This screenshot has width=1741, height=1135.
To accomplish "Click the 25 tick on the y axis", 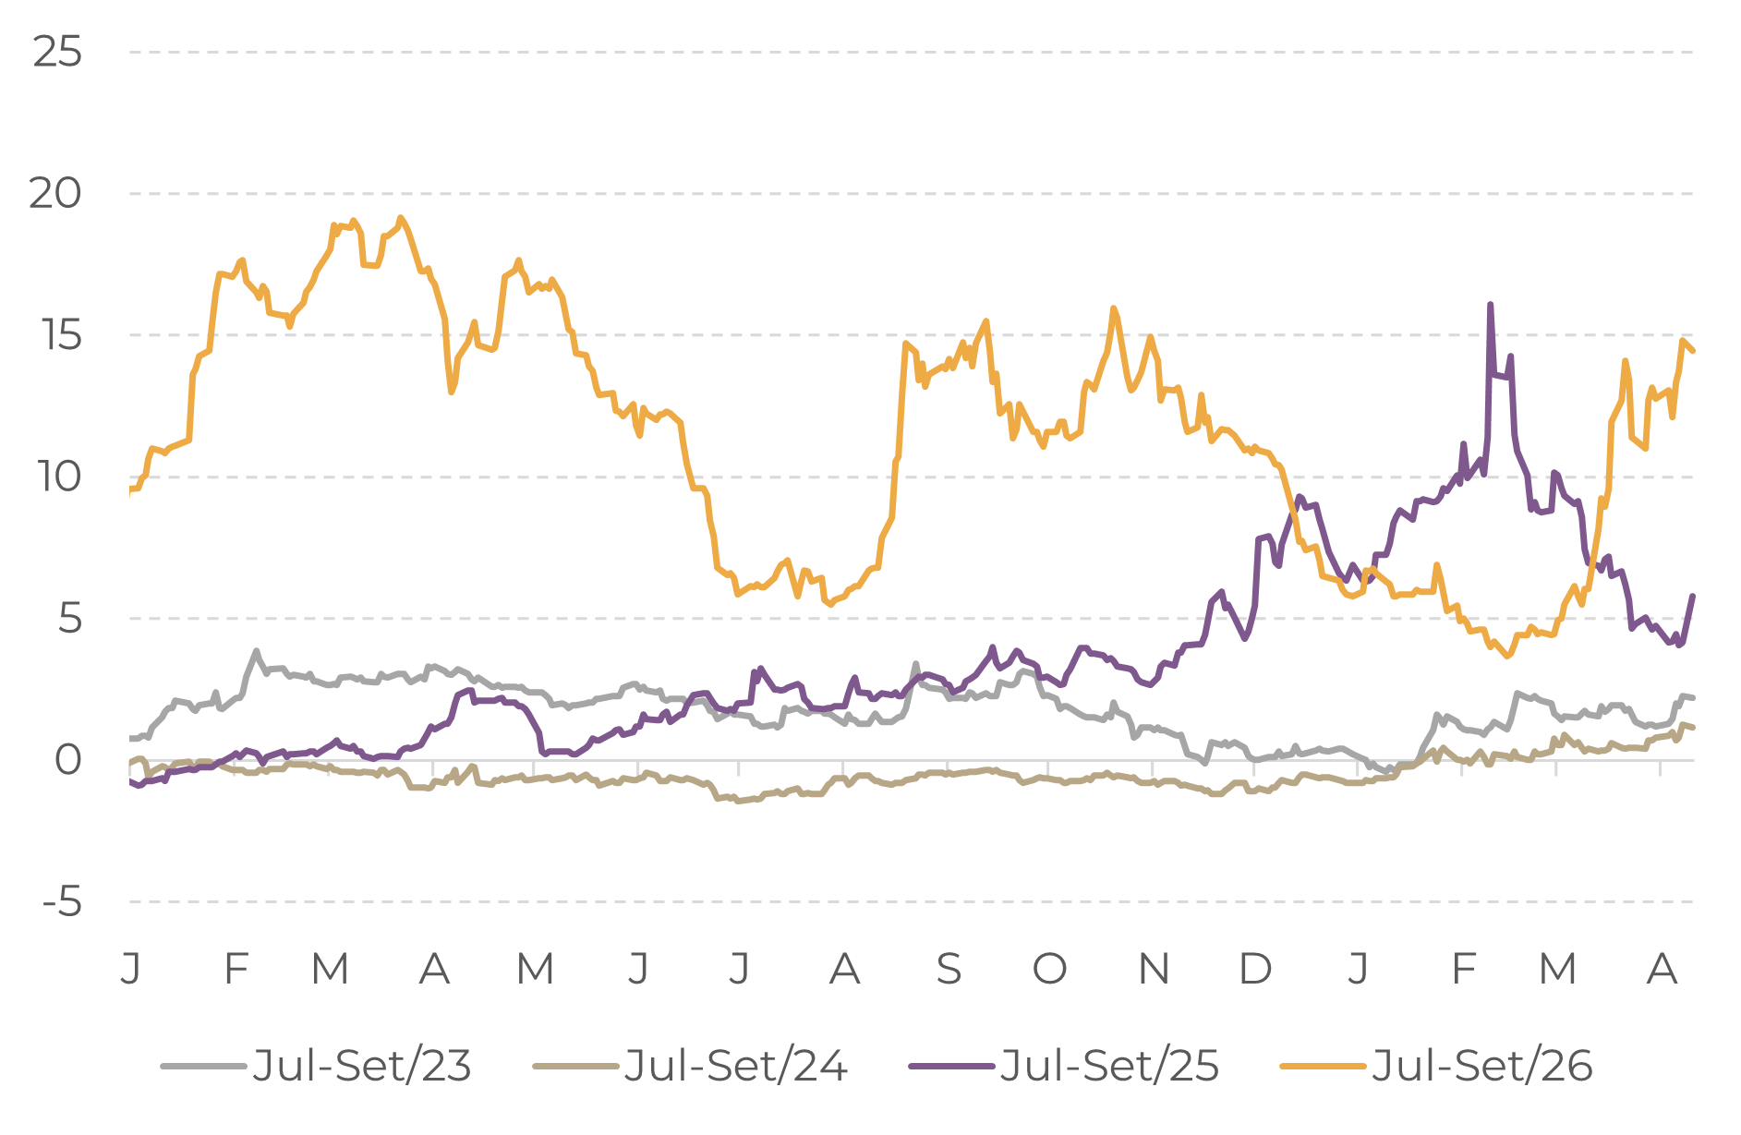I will (57, 53).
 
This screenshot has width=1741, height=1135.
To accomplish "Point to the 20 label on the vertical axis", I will (55, 194).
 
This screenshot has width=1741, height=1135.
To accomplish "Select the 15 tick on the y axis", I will (61, 335).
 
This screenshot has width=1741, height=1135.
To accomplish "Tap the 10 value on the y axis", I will (58, 477).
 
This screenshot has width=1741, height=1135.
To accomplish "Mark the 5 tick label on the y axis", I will (68, 619).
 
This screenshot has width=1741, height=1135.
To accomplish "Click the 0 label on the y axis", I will (68, 760).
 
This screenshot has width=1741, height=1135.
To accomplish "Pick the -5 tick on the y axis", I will (62, 902).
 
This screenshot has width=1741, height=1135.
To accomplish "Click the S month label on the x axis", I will (949, 969).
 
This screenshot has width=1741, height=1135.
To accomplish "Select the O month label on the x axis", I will (1049, 969).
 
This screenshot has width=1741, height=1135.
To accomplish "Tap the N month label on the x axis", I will (1155, 969).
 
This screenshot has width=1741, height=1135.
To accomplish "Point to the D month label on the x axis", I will (1255, 969).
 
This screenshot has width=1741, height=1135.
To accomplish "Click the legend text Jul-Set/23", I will (361, 1066).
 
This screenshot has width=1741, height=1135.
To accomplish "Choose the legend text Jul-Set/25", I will (1109, 1066).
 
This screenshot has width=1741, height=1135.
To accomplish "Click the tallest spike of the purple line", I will (1490, 304).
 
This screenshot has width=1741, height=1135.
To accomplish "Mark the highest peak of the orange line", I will (400, 217).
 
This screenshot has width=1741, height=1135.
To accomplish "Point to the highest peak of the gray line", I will (256, 650).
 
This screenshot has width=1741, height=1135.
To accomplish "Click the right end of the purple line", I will (1693, 596).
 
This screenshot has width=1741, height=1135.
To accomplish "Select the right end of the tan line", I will (1693, 729).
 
